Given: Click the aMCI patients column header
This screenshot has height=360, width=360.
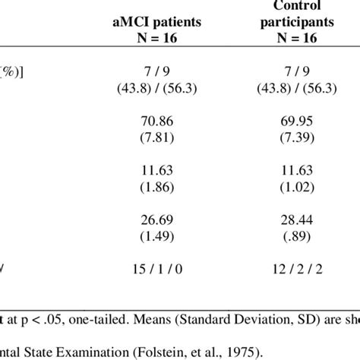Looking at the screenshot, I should pyautogui.click(x=156, y=24).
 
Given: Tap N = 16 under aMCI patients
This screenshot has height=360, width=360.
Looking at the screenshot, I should pyautogui.click(x=156, y=39).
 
